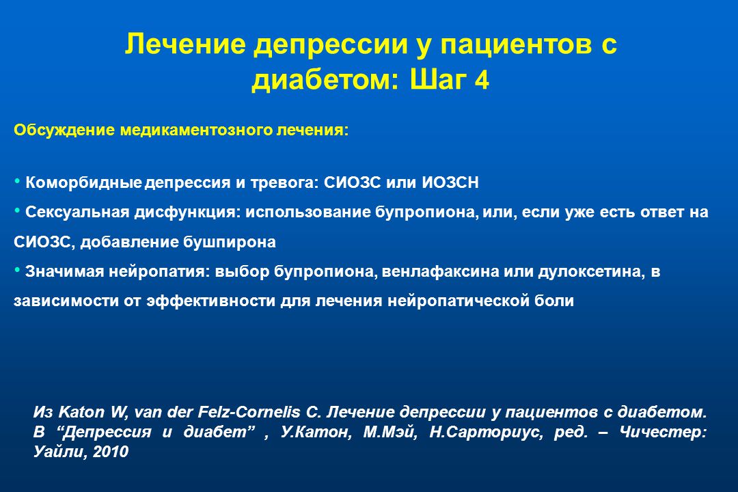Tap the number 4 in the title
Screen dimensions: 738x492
482,80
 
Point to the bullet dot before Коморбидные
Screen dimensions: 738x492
17,181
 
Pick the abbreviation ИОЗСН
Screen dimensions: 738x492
450,182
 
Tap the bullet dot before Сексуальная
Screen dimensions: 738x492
17,210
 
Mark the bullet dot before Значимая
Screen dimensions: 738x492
17,270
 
